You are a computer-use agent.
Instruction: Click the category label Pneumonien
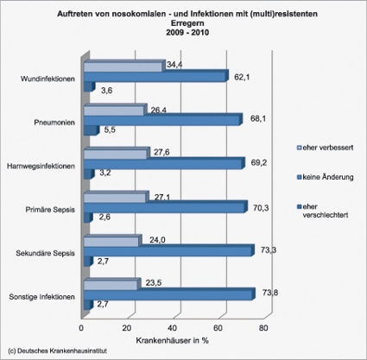click(x=54, y=123)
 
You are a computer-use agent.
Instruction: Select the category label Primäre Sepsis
click(x=49, y=209)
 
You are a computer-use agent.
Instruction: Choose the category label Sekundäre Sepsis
click(x=46, y=253)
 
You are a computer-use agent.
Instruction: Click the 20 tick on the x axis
click(x=127, y=328)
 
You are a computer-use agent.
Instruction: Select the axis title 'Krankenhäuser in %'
click(x=171, y=340)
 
